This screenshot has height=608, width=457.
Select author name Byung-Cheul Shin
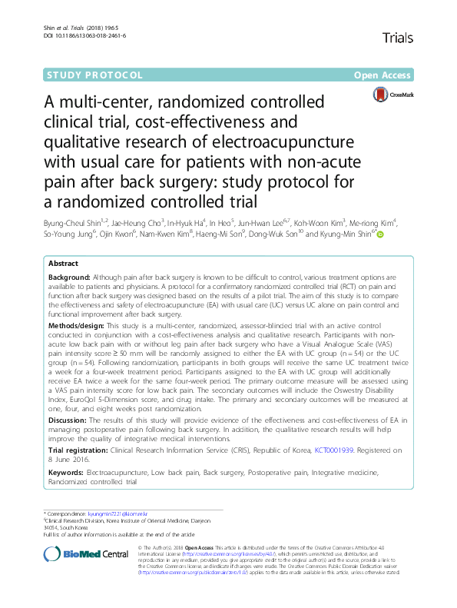pos(74,223)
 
